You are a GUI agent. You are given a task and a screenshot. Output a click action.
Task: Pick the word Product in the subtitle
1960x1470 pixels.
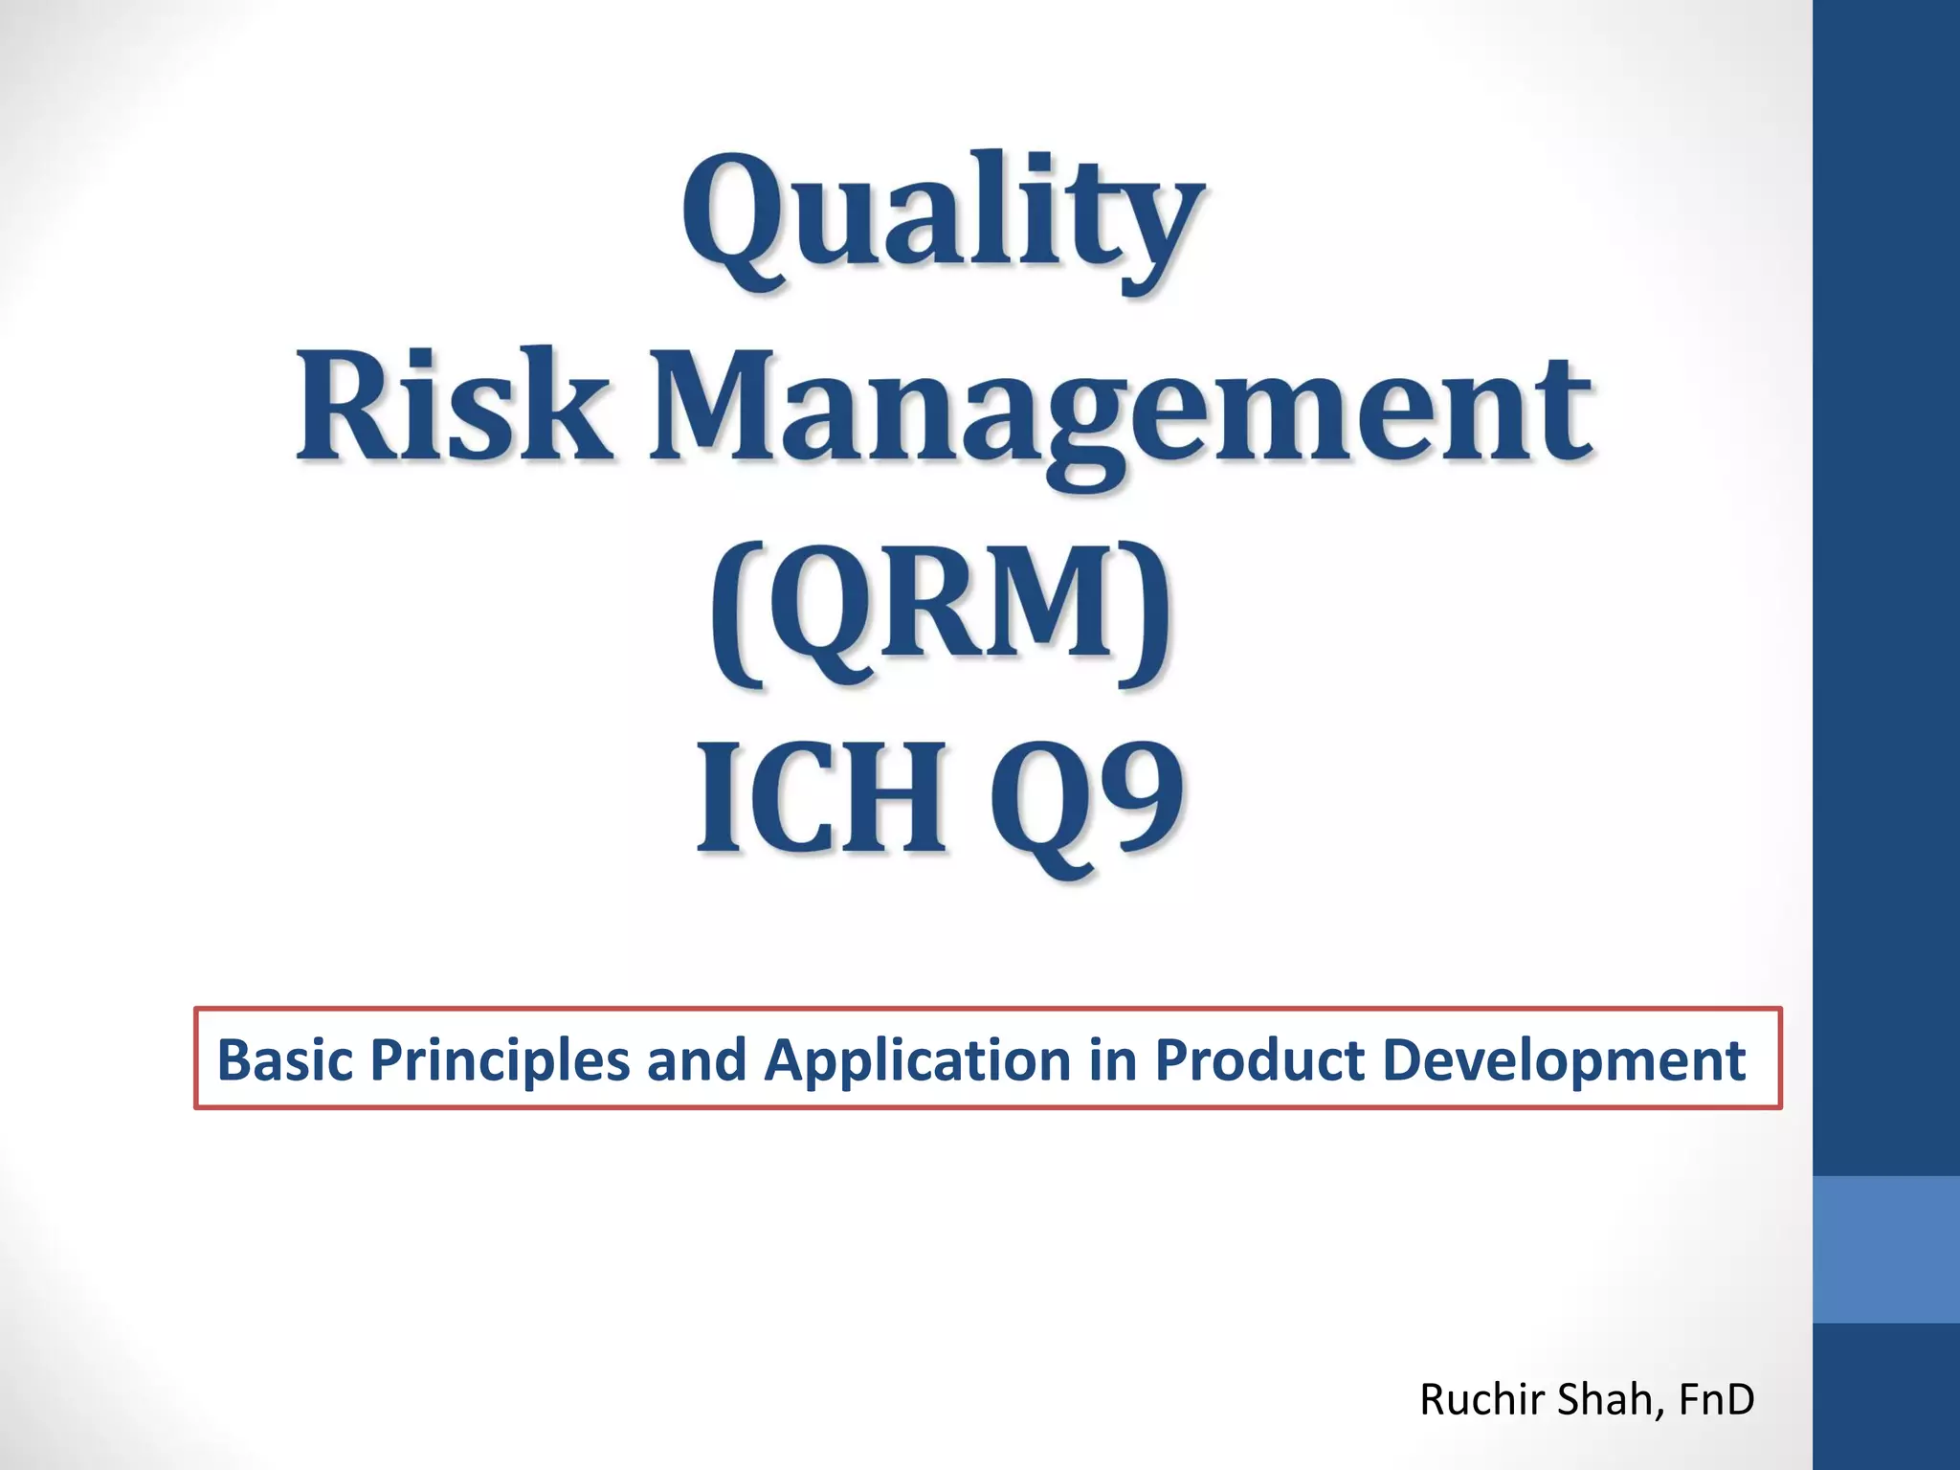[1258, 1060]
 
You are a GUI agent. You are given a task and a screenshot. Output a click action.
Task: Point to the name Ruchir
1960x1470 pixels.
[1482, 1400]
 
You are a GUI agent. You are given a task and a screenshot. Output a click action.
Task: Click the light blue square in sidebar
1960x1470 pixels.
[1885, 1250]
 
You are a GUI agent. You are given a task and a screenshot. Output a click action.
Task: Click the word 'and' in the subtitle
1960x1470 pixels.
[696, 1060]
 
